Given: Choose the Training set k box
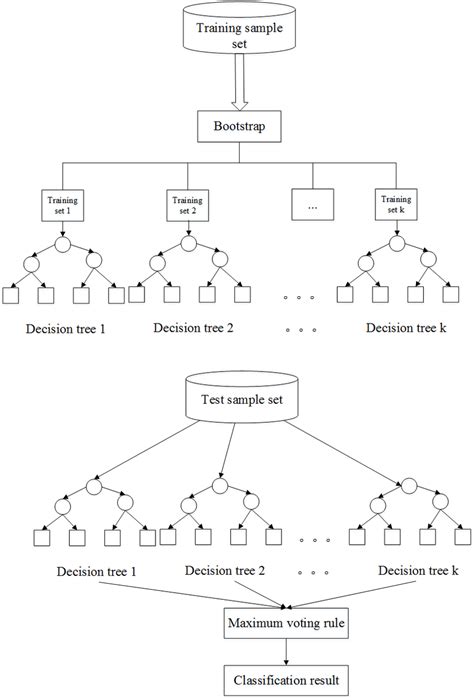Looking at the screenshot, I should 398,205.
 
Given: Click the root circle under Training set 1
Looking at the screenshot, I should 62,243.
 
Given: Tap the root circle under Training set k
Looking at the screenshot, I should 398,243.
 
